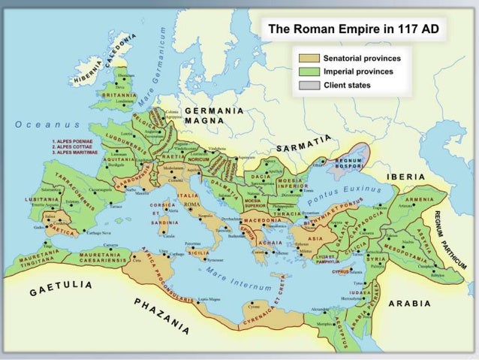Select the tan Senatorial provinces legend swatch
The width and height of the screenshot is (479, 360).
pos(309,58)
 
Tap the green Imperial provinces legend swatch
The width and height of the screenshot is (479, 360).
pos(309,71)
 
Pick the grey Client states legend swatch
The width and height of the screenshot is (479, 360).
pos(309,85)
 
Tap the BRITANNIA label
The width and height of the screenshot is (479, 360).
pos(118,97)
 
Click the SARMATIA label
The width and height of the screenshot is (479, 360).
pos(303,144)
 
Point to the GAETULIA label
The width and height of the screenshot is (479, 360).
pos(62,289)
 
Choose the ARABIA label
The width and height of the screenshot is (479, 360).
pos(409,304)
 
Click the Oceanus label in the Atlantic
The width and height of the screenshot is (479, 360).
pos(42,123)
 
